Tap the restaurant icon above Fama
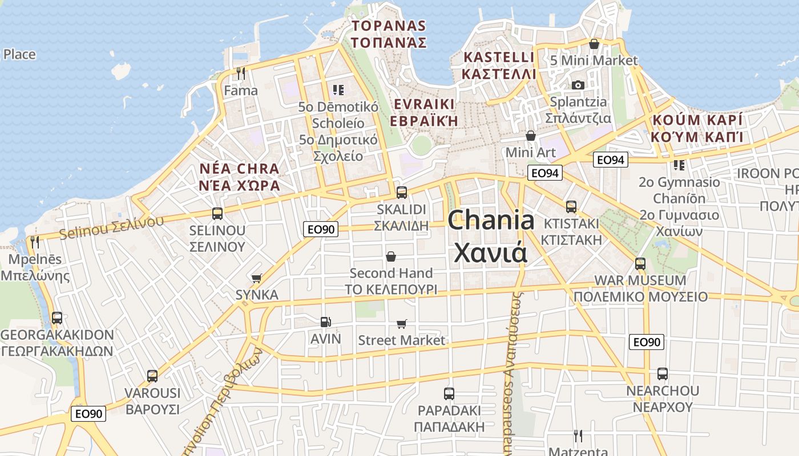(x=241, y=73)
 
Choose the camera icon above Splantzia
(x=578, y=85)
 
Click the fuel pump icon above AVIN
(x=325, y=321)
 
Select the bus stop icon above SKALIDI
(x=402, y=192)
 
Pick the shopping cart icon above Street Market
(x=402, y=324)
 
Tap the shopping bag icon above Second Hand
(x=391, y=256)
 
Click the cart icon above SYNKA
(x=257, y=278)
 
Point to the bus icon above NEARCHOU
(x=662, y=374)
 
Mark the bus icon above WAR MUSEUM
(x=640, y=264)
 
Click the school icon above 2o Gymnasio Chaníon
(x=679, y=165)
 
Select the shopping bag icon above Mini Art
(x=531, y=136)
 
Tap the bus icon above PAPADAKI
(x=449, y=393)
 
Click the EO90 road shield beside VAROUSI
(x=88, y=414)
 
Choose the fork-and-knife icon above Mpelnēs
(x=35, y=242)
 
